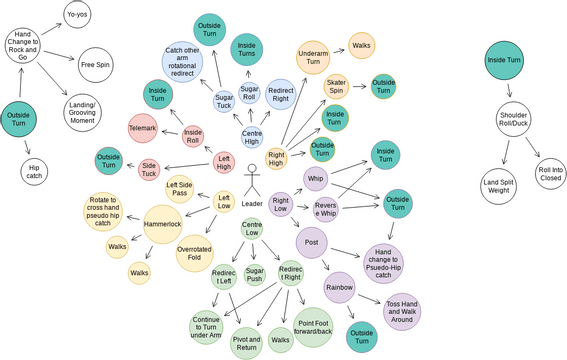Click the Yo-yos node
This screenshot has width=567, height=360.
[77, 15]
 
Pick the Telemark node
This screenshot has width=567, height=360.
[145, 128]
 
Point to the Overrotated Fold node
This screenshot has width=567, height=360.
[195, 252]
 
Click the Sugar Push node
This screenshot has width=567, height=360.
[254, 275]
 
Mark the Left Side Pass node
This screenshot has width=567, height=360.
[180, 187]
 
